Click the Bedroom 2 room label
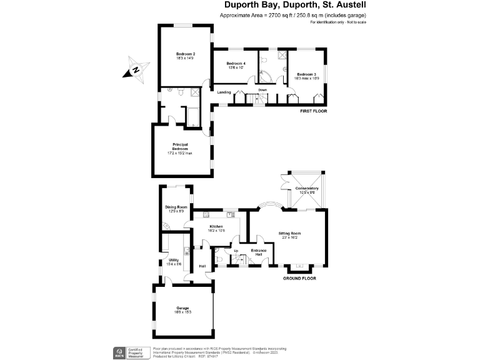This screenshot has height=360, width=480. [185, 56]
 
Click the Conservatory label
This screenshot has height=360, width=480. [307, 189]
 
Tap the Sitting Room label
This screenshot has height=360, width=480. [289, 234]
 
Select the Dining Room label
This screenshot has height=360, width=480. [176, 209]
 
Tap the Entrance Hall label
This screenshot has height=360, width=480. [259, 252]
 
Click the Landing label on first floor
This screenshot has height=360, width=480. [224, 92]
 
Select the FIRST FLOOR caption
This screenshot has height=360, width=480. [314, 111]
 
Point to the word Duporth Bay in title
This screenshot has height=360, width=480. [249, 6]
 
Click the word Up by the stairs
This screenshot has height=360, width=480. [236, 251]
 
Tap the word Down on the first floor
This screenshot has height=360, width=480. [262, 90]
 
